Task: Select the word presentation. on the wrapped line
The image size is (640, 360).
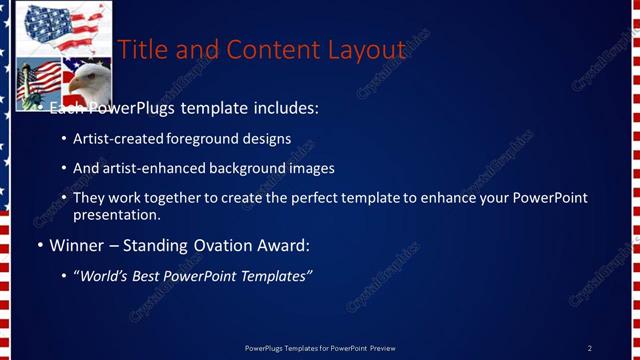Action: [x=116, y=215]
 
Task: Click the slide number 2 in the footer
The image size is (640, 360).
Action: [x=590, y=348]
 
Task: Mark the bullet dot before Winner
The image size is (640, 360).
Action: [x=40, y=246]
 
